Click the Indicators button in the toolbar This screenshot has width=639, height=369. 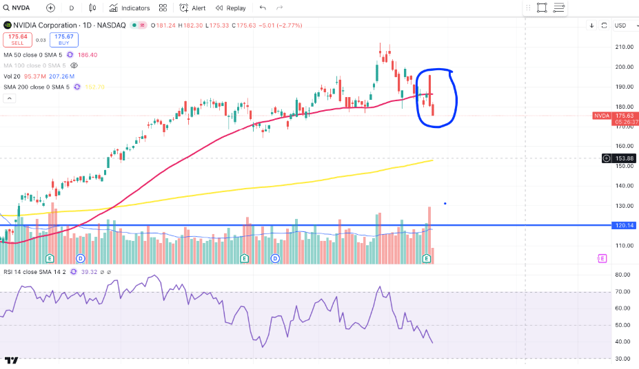point(129,8)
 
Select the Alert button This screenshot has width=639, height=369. point(192,8)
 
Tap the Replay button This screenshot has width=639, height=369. point(230,8)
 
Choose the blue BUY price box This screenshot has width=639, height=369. point(64,39)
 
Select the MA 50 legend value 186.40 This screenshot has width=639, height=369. point(88,54)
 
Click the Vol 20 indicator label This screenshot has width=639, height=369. point(12,76)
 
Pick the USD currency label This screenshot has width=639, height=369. point(620,25)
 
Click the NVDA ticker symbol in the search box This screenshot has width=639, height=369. point(20,8)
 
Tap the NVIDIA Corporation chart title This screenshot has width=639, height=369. point(41,25)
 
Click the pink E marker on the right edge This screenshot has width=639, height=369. point(602,258)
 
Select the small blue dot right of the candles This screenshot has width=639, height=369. point(445,203)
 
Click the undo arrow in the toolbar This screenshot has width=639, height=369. point(263,8)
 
